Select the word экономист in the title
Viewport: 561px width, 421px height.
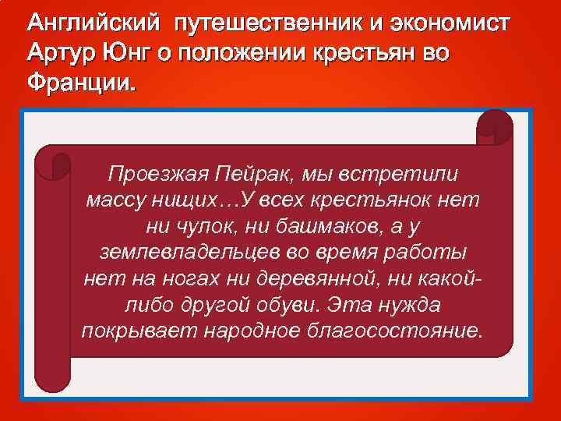[444, 24]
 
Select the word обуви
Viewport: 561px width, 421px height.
[295, 305]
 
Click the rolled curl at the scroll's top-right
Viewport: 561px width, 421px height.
[494, 128]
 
